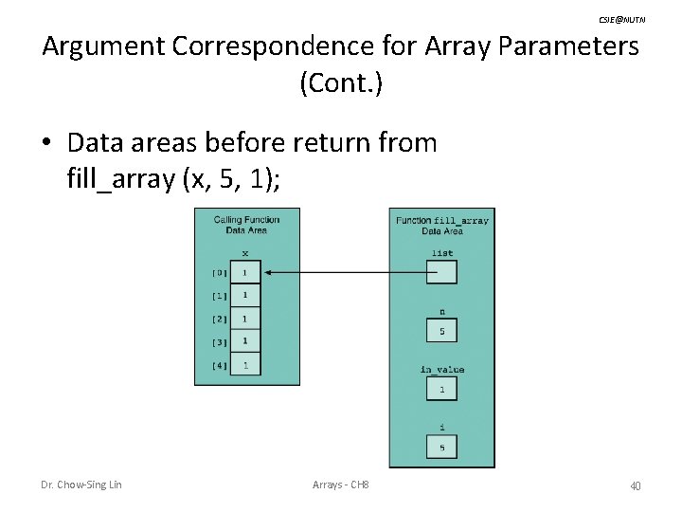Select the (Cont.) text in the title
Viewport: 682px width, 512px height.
click(341, 83)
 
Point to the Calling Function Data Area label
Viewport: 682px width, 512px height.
click(246, 224)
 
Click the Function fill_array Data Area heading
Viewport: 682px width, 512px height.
click(441, 225)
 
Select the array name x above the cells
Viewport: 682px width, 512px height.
click(245, 253)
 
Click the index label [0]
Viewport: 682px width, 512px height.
click(218, 273)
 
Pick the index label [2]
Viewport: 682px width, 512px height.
click(218, 319)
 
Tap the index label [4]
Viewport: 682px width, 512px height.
click(218, 365)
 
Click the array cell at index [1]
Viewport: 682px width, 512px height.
click(245, 296)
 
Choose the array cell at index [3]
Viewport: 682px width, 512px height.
click(245, 341)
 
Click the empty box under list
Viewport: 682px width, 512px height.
click(441, 273)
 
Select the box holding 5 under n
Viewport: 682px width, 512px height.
click(441, 331)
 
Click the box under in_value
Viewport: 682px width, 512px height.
click(441, 389)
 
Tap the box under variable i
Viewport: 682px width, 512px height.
click(441, 447)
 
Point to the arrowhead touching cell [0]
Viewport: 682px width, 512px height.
click(267, 273)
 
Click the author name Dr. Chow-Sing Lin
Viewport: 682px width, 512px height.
click(81, 485)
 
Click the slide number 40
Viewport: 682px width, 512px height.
click(635, 485)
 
